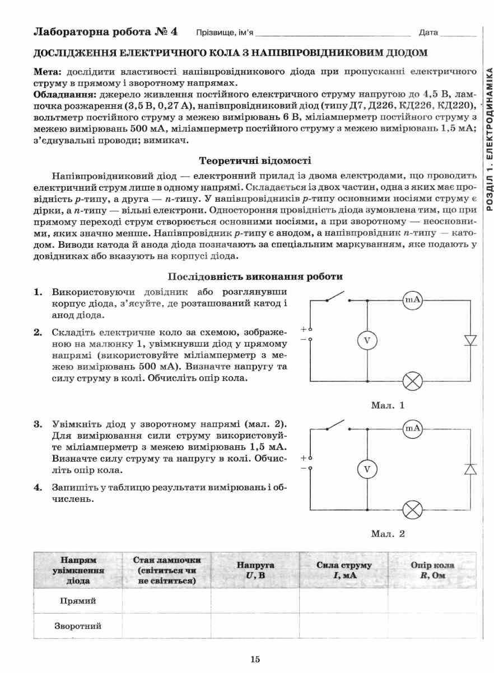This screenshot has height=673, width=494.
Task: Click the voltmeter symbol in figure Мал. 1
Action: (x=367, y=340)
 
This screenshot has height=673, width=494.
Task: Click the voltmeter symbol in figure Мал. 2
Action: (x=367, y=469)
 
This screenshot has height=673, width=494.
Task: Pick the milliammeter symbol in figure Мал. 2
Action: (x=413, y=429)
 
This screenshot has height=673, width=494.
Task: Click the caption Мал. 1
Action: (x=387, y=405)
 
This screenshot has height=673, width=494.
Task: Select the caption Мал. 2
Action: (x=387, y=533)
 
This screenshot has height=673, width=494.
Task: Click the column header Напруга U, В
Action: (x=255, y=570)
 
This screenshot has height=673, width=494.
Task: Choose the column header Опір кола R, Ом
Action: (x=432, y=570)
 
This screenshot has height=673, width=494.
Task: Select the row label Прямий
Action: (x=78, y=601)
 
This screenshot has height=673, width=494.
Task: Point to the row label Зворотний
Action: (x=78, y=626)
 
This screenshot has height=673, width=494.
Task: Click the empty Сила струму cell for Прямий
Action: (x=343, y=601)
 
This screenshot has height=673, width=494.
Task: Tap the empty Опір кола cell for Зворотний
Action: (x=432, y=626)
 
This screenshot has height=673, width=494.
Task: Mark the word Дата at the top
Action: (x=428, y=33)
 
